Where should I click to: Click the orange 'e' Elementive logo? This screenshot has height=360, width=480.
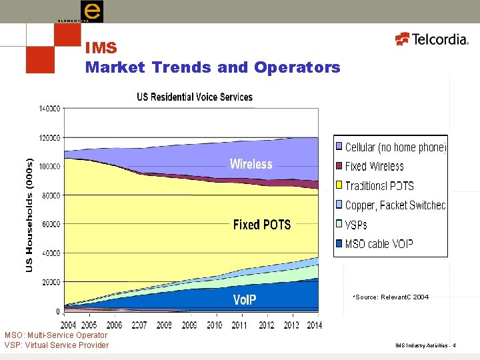(91, 11)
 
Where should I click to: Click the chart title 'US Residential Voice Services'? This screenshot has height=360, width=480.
(195, 97)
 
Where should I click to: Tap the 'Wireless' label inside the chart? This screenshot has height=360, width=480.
(251, 164)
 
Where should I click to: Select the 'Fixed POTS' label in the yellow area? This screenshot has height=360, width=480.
(262, 225)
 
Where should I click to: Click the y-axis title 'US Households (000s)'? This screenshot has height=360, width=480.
(29, 215)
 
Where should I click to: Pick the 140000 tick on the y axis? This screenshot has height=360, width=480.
(49, 108)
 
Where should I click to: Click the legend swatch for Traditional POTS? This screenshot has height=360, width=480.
(339, 186)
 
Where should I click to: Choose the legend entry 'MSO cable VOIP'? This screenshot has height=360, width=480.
(379, 244)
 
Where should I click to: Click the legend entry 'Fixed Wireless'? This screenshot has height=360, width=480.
(374, 167)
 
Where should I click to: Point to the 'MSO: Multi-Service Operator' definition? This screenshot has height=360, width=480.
(56, 335)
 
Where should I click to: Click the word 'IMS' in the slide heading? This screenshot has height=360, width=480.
(101, 49)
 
